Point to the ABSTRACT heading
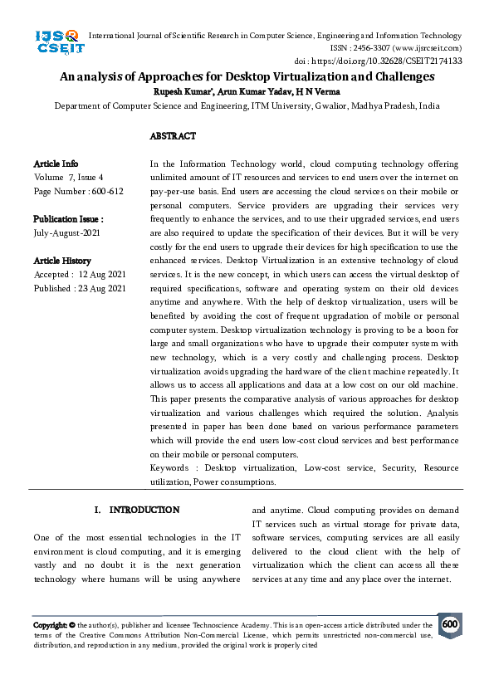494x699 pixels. [173, 135]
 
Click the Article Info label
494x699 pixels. [56, 164]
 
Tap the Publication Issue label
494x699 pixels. [68, 220]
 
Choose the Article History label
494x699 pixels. [62, 261]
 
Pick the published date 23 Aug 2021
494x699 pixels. [100, 288]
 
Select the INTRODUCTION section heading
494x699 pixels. [144, 510]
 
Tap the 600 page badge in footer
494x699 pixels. [450, 624]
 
